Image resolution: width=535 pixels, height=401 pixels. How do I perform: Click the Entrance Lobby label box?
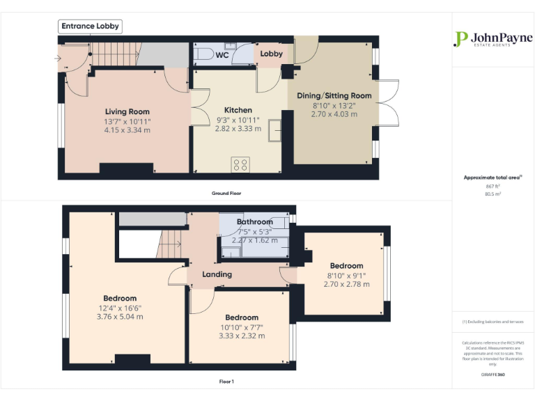[91, 26]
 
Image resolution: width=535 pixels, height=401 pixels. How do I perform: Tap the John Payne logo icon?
[460, 39]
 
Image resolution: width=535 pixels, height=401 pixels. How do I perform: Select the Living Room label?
[127, 111]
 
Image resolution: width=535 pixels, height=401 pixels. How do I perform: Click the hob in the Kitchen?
[240, 164]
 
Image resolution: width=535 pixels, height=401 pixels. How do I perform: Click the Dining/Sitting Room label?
[334, 95]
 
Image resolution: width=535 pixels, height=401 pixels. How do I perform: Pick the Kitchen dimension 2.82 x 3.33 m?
[238, 129]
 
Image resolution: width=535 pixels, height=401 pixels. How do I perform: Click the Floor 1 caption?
[226, 382]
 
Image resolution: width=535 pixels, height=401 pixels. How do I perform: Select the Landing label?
[217, 274]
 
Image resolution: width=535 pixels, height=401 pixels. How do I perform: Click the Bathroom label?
[254, 222]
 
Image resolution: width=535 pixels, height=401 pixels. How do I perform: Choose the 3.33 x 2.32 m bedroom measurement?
[242, 336]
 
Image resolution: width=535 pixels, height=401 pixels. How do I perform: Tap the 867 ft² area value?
[493, 186]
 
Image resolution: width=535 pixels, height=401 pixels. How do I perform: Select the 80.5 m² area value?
[493, 194]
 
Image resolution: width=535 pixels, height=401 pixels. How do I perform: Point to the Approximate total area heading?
[493, 178]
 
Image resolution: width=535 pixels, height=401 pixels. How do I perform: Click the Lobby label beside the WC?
[271, 54]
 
